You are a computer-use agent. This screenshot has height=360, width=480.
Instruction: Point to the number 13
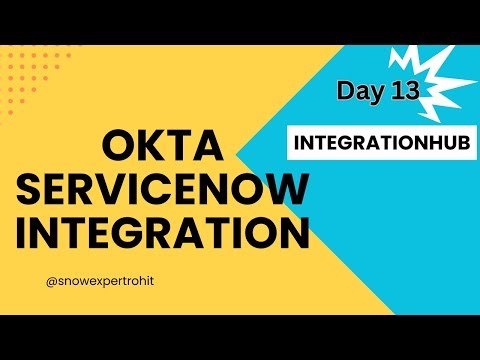click(405, 91)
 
